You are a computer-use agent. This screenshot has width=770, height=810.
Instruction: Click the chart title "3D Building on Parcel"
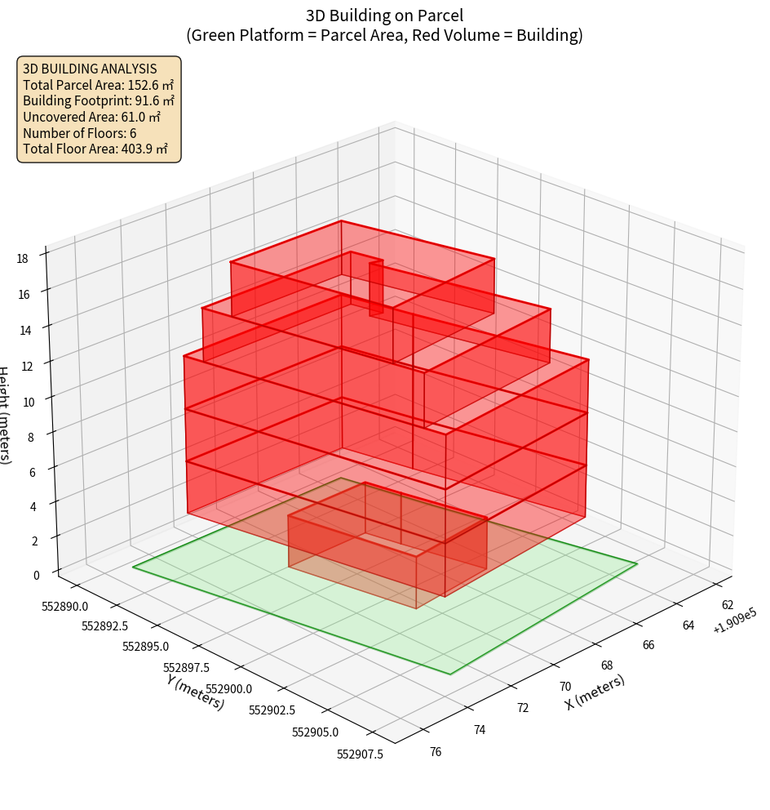(384, 15)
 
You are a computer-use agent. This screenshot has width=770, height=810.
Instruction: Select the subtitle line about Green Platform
(384, 35)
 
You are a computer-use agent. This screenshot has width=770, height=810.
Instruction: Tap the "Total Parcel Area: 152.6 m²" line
(98, 85)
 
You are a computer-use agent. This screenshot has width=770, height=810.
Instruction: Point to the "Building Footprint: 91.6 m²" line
(99, 101)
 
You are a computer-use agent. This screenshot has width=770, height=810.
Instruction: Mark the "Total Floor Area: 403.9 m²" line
(95, 149)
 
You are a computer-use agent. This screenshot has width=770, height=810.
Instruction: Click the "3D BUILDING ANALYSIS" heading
(90, 69)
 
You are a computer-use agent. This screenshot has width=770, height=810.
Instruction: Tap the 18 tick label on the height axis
(22, 259)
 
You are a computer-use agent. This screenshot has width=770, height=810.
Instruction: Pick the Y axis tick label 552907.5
(360, 754)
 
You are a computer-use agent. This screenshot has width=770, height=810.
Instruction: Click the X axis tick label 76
(435, 751)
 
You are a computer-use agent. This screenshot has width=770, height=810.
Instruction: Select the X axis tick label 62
(728, 605)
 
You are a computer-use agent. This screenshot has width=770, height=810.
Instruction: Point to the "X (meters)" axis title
(595, 692)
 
